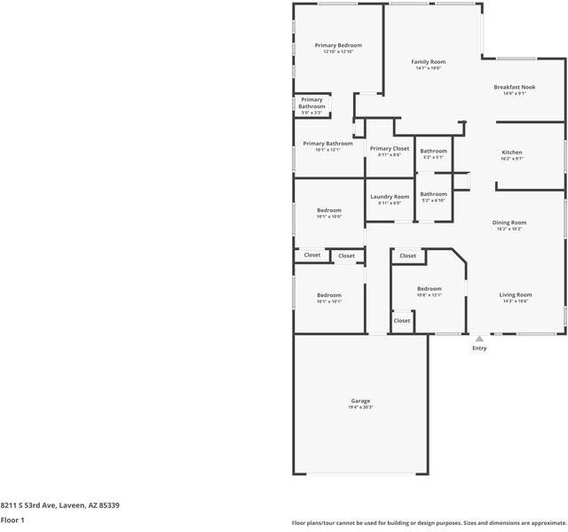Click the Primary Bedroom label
pos(338,45)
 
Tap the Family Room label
pos(429,62)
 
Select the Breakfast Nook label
pos(515,87)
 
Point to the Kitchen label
pos(512,153)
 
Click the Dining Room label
pos(510,223)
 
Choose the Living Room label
pos(515,294)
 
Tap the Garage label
pos(360,401)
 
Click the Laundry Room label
pos(390,197)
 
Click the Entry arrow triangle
pos(479,338)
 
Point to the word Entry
pos(479,348)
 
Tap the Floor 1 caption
pos(12,520)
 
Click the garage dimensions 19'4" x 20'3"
pos(360,407)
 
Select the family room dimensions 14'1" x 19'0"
pos(429,68)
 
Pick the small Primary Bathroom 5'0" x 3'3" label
pos(312,104)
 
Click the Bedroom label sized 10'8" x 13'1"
pos(430,289)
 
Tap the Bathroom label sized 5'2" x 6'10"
pos(434,194)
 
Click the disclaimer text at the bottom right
pos(429,523)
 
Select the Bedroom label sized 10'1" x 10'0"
pos(329,210)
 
